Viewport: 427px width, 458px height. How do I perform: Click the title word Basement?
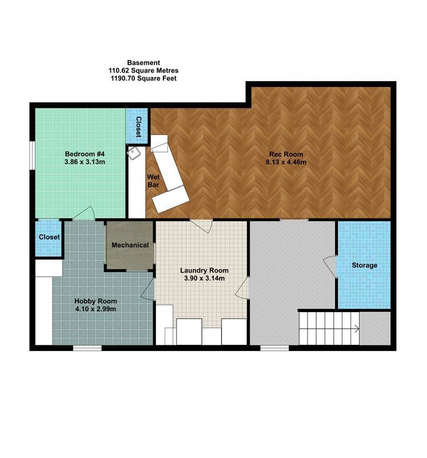(x=143, y=62)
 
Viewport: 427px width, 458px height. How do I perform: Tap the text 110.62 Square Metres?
(x=143, y=70)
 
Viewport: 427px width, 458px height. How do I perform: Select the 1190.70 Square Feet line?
(x=143, y=78)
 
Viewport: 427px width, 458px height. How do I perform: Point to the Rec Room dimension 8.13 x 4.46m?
(x=286, y=162)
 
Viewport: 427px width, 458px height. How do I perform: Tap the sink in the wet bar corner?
(x=135, y=153)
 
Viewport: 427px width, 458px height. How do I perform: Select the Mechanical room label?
(x=130, y=245)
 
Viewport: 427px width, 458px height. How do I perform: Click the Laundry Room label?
(x=204, y=270)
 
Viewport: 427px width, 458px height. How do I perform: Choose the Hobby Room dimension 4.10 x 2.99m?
(x=95, y=309)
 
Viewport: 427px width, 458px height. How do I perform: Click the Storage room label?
(x=364, y=265)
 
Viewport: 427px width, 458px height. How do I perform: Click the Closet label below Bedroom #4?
(x=49, y=237)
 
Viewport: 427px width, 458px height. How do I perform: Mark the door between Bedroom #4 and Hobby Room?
(x=85, y=213)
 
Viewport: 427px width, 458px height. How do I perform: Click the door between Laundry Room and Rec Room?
(x=201, y=225)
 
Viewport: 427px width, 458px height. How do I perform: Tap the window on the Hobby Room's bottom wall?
(x=87, y=347)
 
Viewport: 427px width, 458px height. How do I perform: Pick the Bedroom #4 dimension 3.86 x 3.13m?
(x=85, y=162)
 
